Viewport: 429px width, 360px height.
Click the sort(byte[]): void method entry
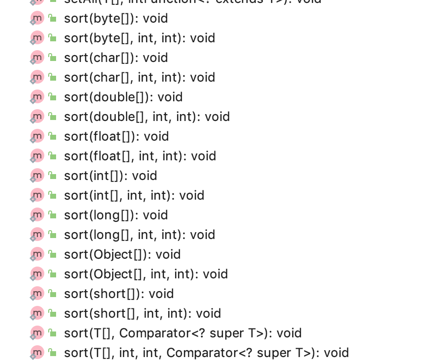[116, 19]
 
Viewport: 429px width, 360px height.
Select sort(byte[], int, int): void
[139, 38]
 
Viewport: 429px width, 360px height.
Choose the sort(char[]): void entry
[116, 58]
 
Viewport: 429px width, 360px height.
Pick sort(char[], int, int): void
[139, 78]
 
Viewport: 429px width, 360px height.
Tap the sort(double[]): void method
[123, 97]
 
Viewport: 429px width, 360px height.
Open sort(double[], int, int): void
[147, 117]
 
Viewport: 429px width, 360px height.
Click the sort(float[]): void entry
[116, 137]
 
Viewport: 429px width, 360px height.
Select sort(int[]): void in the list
[110, 176]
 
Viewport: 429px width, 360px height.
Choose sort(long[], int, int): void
[139, 235]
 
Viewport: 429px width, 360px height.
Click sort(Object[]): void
[122, 255]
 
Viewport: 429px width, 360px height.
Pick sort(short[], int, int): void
[142, 314]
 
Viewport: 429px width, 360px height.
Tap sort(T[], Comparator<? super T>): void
[183, 333]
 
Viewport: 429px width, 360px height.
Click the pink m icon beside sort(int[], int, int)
[37, 195]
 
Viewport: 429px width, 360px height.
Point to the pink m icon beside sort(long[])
[37, 215]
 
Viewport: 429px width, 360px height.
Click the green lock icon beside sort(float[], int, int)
[53, 156]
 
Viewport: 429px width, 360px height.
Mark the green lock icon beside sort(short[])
[53, 294]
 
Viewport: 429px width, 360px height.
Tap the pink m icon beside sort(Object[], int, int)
[37, 274]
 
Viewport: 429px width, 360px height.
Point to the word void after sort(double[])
[170, 97]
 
